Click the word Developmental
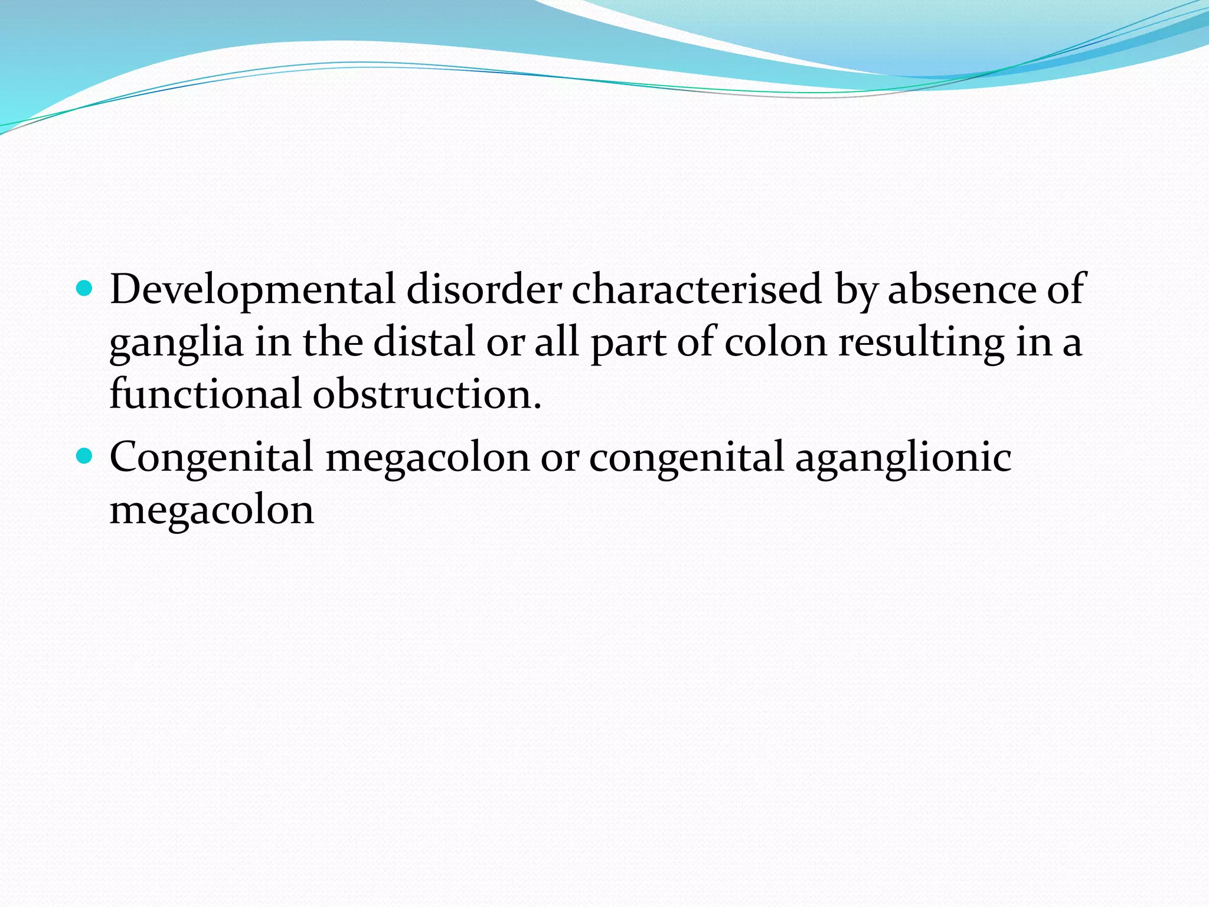tap(252, 289)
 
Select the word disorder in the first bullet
tap(483, 289)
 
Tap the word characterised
tap(697, 289)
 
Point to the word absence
tap(962, 289)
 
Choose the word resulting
tap(921, 342)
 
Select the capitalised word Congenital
tap(211, 457)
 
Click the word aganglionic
tap(903, 458)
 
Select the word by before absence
tap(855, 291)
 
